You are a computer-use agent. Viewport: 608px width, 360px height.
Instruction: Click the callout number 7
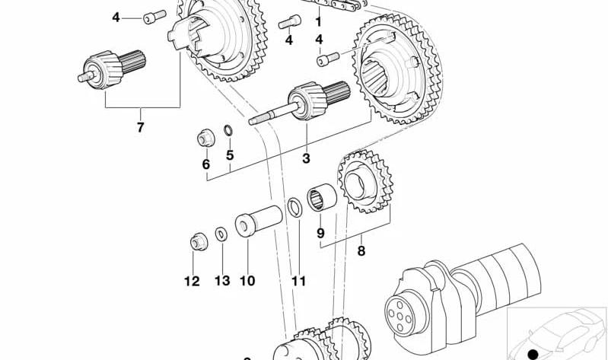click(140, 127)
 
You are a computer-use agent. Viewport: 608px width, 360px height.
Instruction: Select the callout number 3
click(307, 158)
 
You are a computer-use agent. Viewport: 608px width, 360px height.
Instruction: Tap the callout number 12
click(192, 281)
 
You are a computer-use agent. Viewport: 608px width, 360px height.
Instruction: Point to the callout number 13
click(222, 281)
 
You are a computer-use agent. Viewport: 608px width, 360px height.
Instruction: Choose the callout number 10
click(247, 281)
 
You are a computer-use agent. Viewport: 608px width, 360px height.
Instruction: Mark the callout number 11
click(298, 281)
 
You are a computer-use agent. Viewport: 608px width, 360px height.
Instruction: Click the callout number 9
click(320, 233)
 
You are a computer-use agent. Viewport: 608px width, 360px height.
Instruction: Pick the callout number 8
click(361, 251)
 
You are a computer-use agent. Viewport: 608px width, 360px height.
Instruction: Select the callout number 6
click(206, 164)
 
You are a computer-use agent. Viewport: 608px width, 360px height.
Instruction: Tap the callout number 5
click(230, 155)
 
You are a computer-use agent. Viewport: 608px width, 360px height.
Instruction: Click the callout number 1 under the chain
click(318, 22)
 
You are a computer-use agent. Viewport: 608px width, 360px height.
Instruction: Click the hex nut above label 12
click(199, 242)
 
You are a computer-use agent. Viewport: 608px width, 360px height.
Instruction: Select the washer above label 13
click(221, 234)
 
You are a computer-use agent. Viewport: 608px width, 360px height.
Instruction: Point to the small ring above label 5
click(228, 130)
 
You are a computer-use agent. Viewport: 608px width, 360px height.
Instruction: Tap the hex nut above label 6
click(206, 138)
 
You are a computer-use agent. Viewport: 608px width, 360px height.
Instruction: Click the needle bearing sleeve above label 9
click(322, 197)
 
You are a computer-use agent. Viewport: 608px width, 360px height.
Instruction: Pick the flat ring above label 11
click(295, 207)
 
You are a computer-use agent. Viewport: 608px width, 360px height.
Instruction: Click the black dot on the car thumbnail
click(534, 353)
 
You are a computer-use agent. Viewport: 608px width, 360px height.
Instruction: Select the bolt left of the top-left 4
click(154, 17)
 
